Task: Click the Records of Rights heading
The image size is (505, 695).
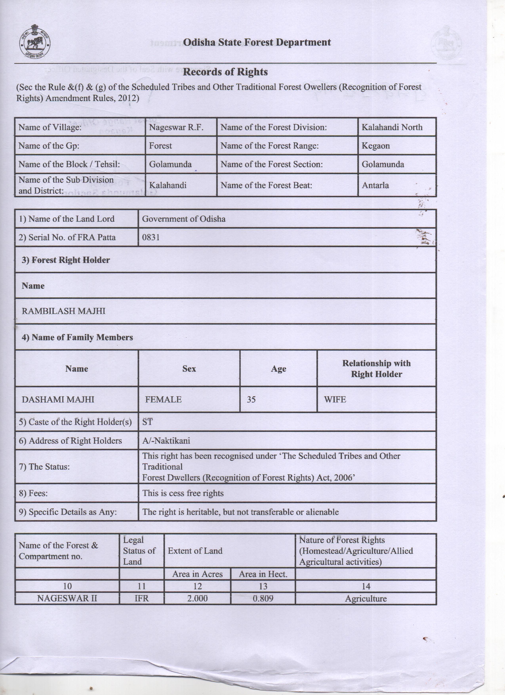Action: tap(225, 72)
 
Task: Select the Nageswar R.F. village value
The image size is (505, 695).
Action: tap(176, 127)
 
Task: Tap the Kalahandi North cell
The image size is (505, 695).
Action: tap(392, 127)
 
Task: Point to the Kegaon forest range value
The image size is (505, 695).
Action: tap(376, 146)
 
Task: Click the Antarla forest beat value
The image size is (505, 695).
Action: tap(375, 185)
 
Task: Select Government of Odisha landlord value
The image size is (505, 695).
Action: tap(184, 219)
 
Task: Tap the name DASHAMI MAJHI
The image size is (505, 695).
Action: tap(58, 400)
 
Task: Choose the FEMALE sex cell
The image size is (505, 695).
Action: tap(163, 400)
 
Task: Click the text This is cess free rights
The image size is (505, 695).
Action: tap(183, 493)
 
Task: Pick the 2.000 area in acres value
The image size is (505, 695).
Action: tap(197, 598)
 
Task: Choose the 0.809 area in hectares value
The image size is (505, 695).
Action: tap(263, 598)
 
